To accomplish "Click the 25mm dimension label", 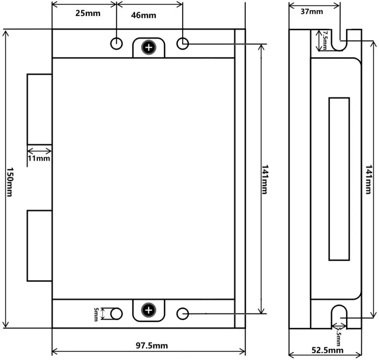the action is click(x=88, y=13).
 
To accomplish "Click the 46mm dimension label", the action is click(x=144, y=15).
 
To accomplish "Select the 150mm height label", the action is click(x=9, y=182).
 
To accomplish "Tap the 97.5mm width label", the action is click(x=152, y=345).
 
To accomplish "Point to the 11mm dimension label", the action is click(x=39, y=158).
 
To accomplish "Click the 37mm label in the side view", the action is click(x=311, y=12).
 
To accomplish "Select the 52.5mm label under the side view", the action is click(x=327, y=350).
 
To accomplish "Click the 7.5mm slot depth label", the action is click(x=325, y=40).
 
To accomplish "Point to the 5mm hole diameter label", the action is click(x=96, y=314).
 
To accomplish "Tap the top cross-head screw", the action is click(x=149, y=48).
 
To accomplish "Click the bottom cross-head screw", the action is click(x=149, y=310).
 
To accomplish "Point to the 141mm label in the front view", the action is click(x=265, y=180).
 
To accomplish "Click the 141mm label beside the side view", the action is click(x=368, y=180).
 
